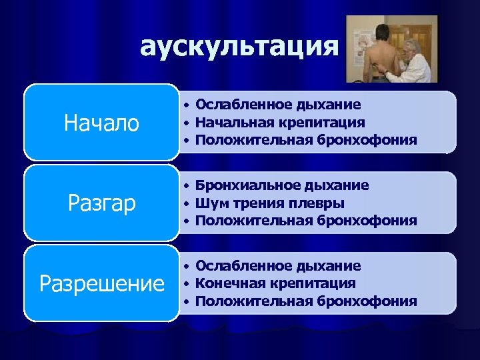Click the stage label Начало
(x=101, y=123)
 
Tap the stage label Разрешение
(x=101, y=284)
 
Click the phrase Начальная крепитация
(x=280, y=123)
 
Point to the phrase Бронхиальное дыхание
(x=282, y=185)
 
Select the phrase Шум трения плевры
(x=270, y=203)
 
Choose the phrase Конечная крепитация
(x=275, y=283)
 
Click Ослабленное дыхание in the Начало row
(x=278, y=105)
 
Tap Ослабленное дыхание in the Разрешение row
(x=278, y=266)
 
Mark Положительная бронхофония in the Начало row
(x=306, y=141)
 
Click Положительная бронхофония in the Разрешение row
(x=306, y=301)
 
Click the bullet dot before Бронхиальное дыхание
(x=189, y=185)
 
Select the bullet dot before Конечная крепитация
(x=189, y=284)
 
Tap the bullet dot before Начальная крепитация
(x=189, y=123)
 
